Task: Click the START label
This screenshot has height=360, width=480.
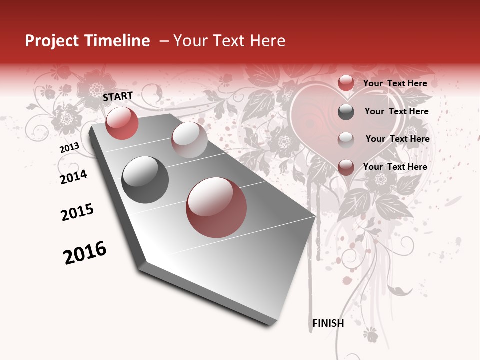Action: [118, 96]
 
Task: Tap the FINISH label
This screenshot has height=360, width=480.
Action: [328, 323]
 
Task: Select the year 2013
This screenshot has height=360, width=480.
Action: [70, 148]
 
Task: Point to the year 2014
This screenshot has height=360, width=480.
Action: [73, 177]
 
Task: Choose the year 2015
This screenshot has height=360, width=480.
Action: [77, 212]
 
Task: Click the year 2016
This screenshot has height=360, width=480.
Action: [85, 253]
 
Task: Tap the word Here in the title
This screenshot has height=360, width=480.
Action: [267, 41]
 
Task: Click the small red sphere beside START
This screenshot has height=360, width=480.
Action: [122, 123]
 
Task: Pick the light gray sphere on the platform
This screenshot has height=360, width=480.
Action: [189, 140]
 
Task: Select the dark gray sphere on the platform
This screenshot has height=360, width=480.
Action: [145, 180]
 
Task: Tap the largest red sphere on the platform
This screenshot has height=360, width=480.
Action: [216, 207]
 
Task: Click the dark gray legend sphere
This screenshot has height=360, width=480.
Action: [346, 112]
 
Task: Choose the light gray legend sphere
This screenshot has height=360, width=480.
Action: [346, 139]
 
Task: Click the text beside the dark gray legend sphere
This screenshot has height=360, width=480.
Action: [396, 111]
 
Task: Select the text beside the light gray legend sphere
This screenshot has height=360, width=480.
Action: [397, 139]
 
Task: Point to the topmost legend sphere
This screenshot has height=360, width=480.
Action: [346, 83]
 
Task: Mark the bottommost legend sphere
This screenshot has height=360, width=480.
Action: [346, 167]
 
